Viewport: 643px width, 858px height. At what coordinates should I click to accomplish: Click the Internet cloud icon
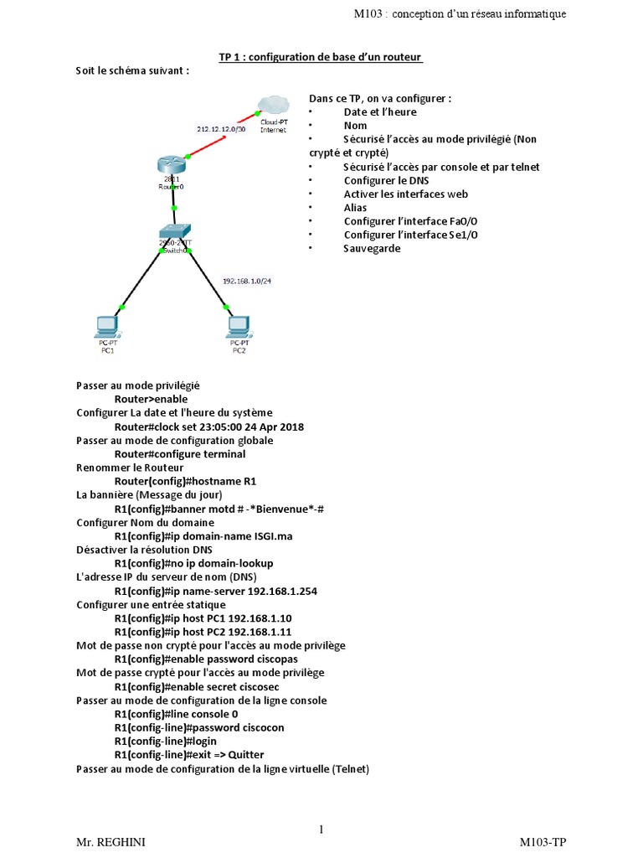click(273, 105)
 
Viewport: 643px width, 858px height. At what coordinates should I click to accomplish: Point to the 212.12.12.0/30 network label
click(221, 129)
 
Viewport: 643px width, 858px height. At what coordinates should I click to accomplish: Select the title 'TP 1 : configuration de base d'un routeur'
click(321, 57)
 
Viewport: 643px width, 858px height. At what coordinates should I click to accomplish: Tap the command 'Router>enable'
click(151, 399)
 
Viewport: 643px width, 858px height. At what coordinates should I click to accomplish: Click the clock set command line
click(208, 426)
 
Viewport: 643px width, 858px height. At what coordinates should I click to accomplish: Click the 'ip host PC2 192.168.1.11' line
click(203, 632)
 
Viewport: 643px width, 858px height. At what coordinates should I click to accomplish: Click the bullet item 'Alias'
click(355, 207)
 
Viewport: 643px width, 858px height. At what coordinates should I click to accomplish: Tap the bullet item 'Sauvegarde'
click(372, 248)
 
